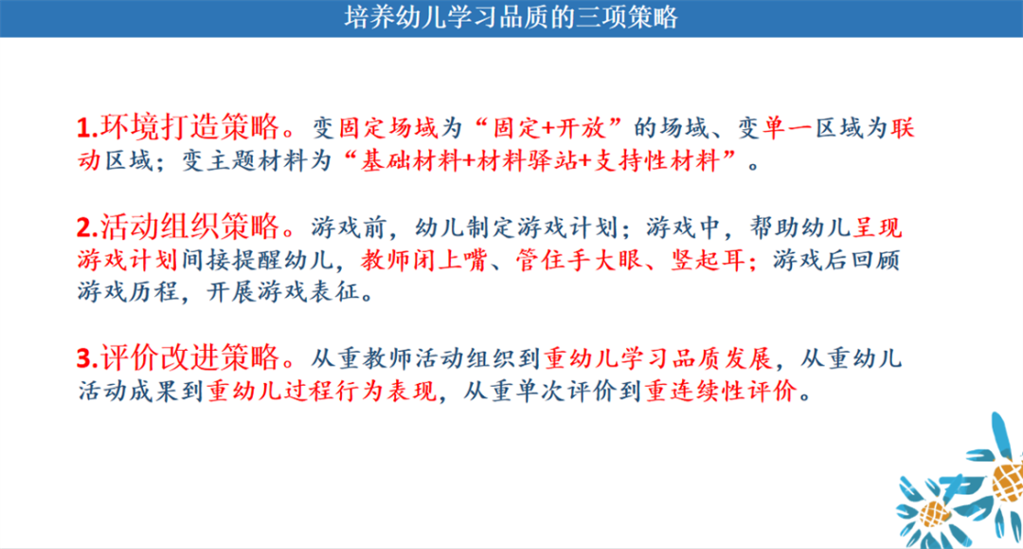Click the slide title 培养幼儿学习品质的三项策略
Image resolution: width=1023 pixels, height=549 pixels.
pyautogui.click(x=511, y=18)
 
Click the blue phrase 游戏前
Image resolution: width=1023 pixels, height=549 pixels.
pyautogui.click(x=343, y=229)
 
